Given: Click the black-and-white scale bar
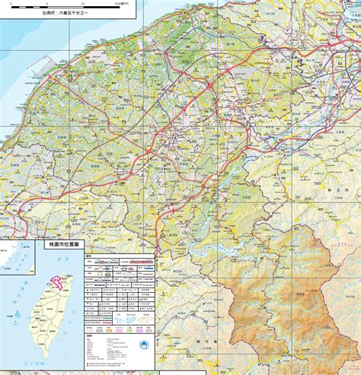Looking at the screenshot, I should (72, 5).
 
